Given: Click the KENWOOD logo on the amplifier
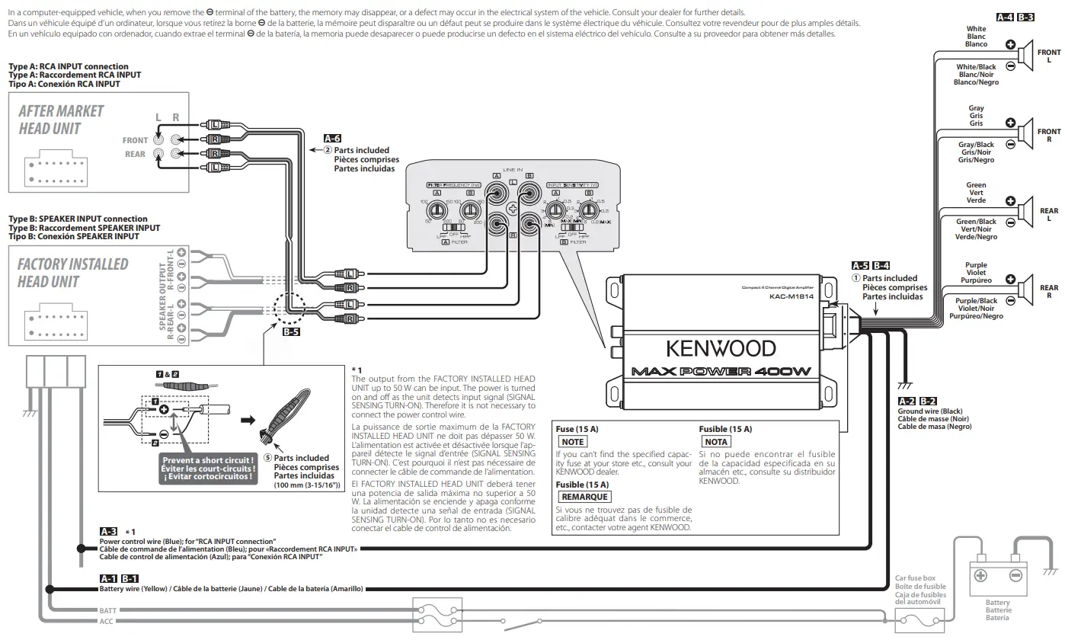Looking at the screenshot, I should click(721, 348).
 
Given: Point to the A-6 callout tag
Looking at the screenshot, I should click(332, 139).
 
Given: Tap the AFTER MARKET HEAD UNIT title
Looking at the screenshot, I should click(61, 120).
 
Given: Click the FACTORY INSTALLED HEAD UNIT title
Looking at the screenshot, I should click(72, 273).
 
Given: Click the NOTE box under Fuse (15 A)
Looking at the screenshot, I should click(572, 442).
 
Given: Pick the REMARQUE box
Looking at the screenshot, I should click(584, 497).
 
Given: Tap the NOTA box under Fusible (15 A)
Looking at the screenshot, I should click(716, 442).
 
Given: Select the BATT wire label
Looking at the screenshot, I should click(108, 611).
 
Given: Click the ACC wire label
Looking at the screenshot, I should click(107, 622).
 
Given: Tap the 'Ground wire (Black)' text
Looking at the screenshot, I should click(930, 411).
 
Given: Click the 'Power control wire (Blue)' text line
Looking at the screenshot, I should click(187, 540).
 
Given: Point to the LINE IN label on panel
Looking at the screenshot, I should click(513, 169).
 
